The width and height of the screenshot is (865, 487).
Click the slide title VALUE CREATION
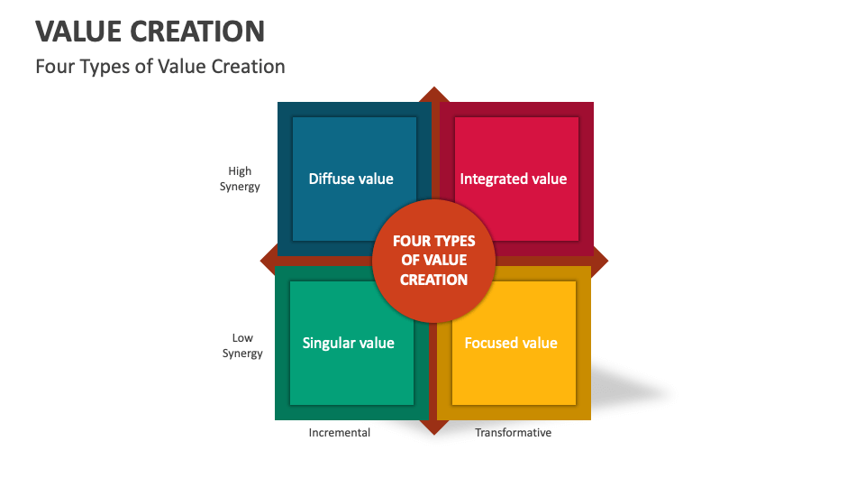coord(150,31)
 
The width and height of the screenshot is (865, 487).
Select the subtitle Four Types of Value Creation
coord(160,67)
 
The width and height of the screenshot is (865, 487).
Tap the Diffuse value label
coord(351,179)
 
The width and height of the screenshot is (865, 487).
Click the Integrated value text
coord(514,179)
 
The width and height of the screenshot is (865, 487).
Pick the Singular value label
coord(348,343)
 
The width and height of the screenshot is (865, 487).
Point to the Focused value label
coord(511,343)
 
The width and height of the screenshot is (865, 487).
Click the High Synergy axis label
coord(240,179)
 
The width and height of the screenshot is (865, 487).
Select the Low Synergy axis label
coord(242,345)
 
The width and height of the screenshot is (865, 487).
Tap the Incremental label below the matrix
coord(340,433)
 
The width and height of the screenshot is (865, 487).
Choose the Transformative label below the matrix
coord(513,433)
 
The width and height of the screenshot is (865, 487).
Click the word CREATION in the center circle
coord(433,280)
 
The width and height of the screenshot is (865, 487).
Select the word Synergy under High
coord(240,187)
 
